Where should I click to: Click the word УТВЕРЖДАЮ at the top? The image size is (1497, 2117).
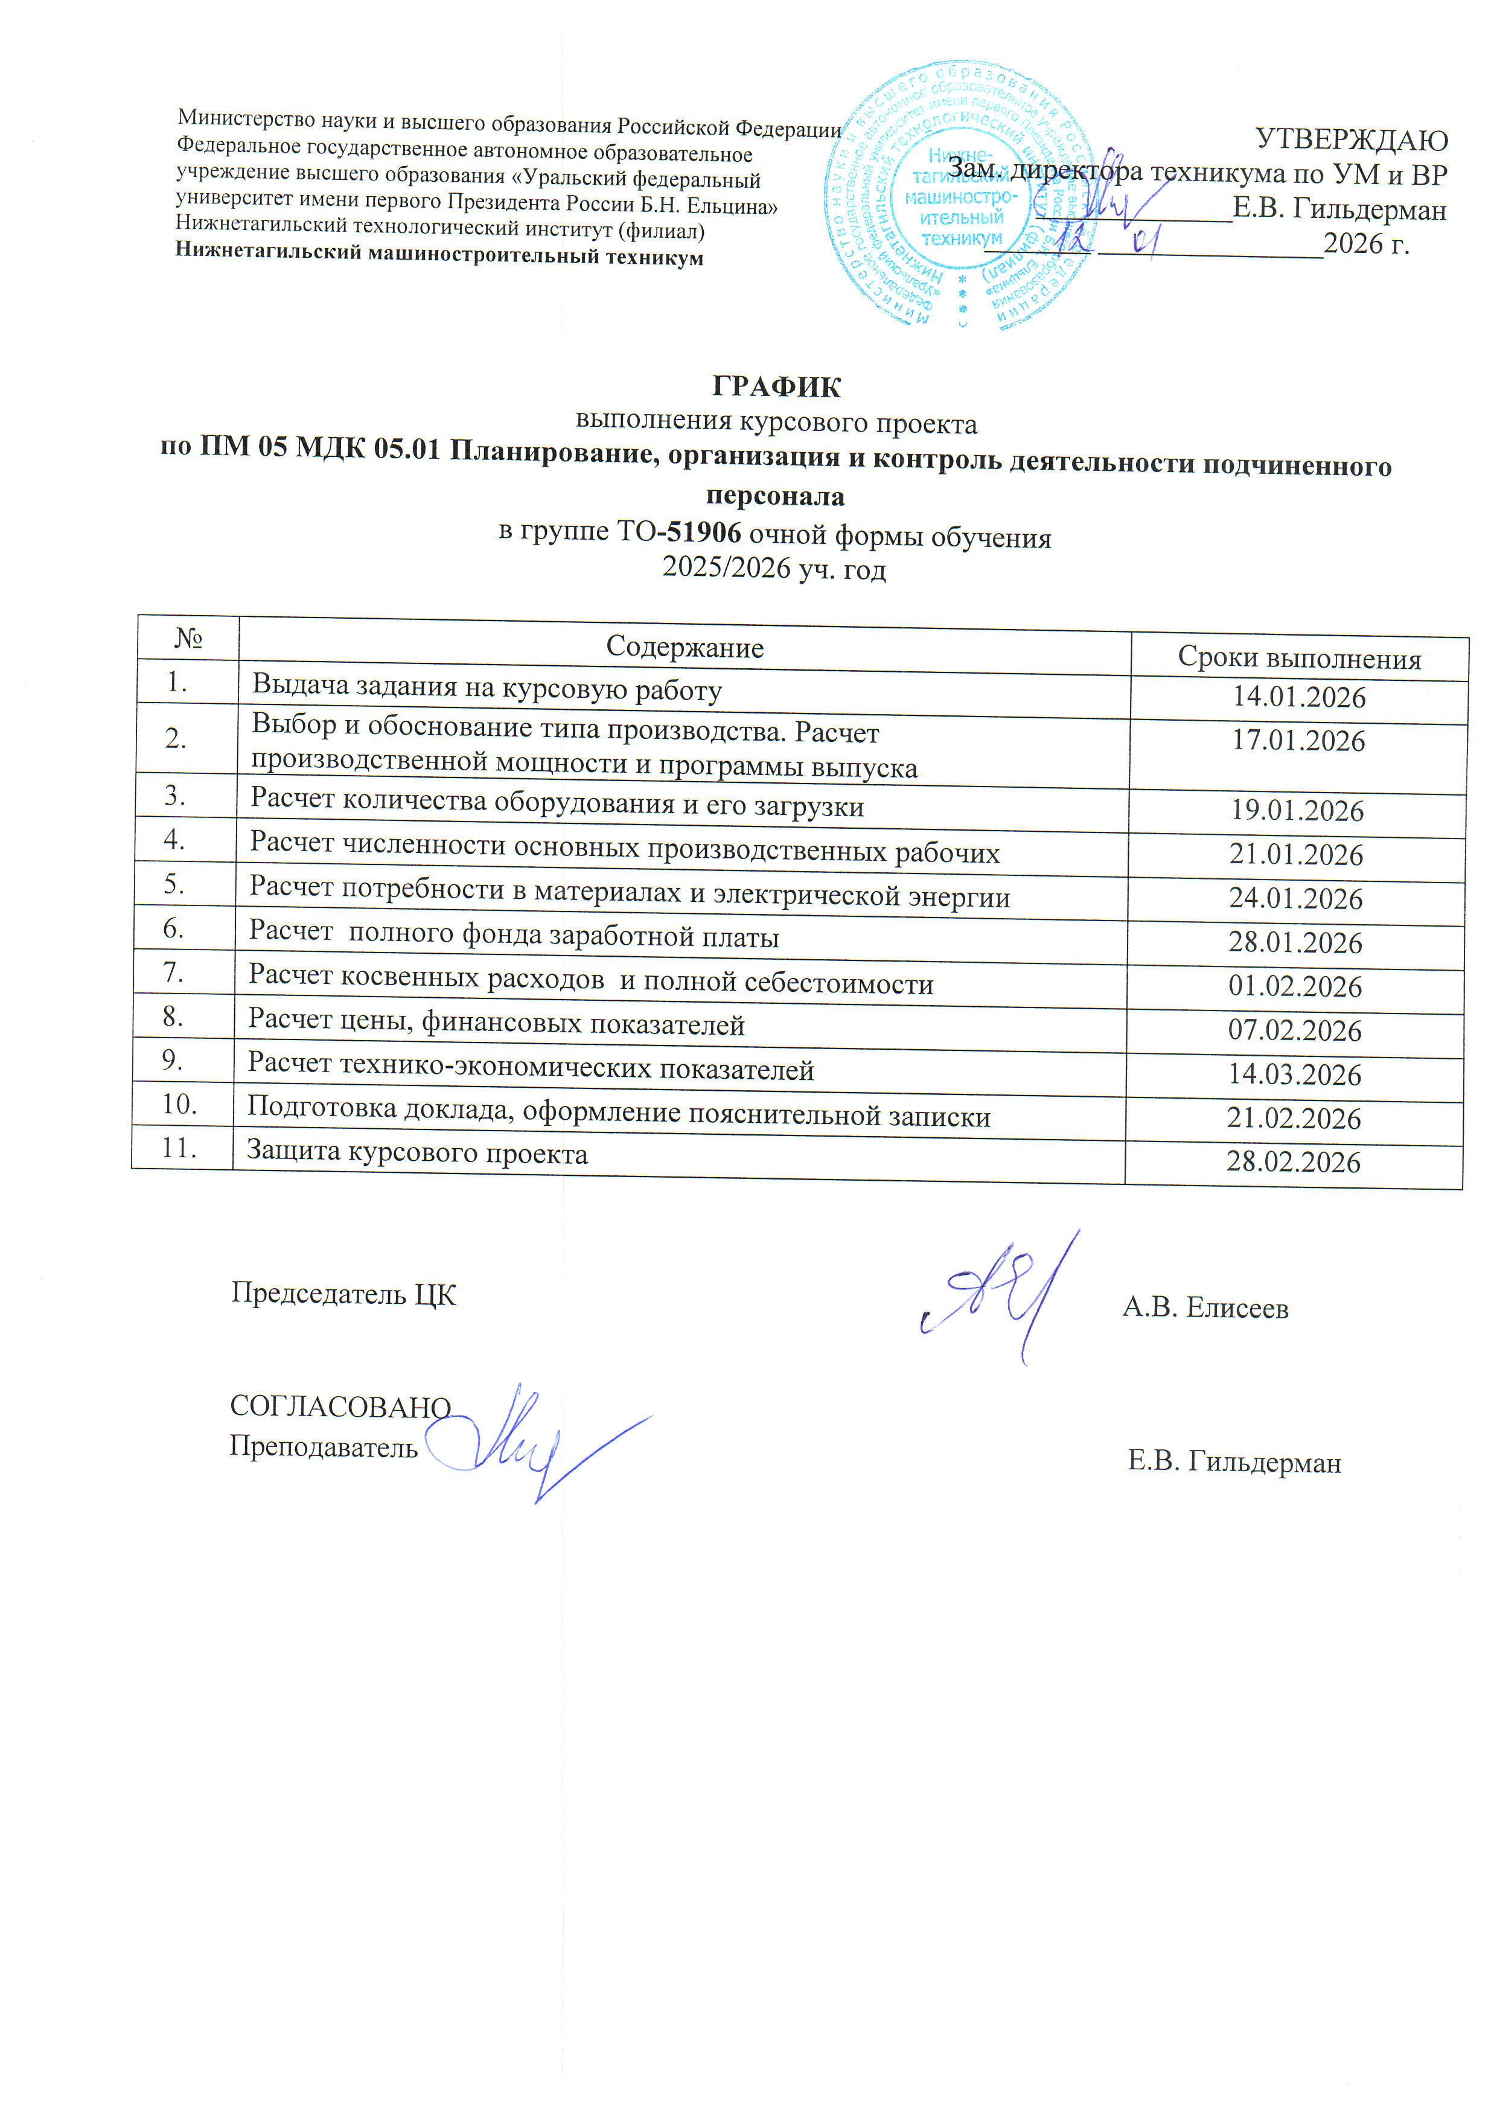pyautogui.click(x=1352, y=140)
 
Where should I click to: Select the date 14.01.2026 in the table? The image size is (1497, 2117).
pyautogui.click(x=1299, y=697)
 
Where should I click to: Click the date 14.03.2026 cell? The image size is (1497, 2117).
pyautogui.click(x=1294, y=1074)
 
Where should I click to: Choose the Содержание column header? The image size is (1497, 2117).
pyautogui.click(x=684, y=647)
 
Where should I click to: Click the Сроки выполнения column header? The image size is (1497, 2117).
pyautogui.click(x=1299, y=659)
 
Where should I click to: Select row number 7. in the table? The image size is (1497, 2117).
pyautogui.click(x=173, y=972)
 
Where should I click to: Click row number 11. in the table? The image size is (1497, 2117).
pyautogui.click(x=180, y=1148)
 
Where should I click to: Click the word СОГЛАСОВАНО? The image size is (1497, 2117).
pyautogui.click(x=340, y=1406)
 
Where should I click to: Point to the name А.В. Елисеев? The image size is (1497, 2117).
pyautogui.click(x=1205, y=1308)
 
